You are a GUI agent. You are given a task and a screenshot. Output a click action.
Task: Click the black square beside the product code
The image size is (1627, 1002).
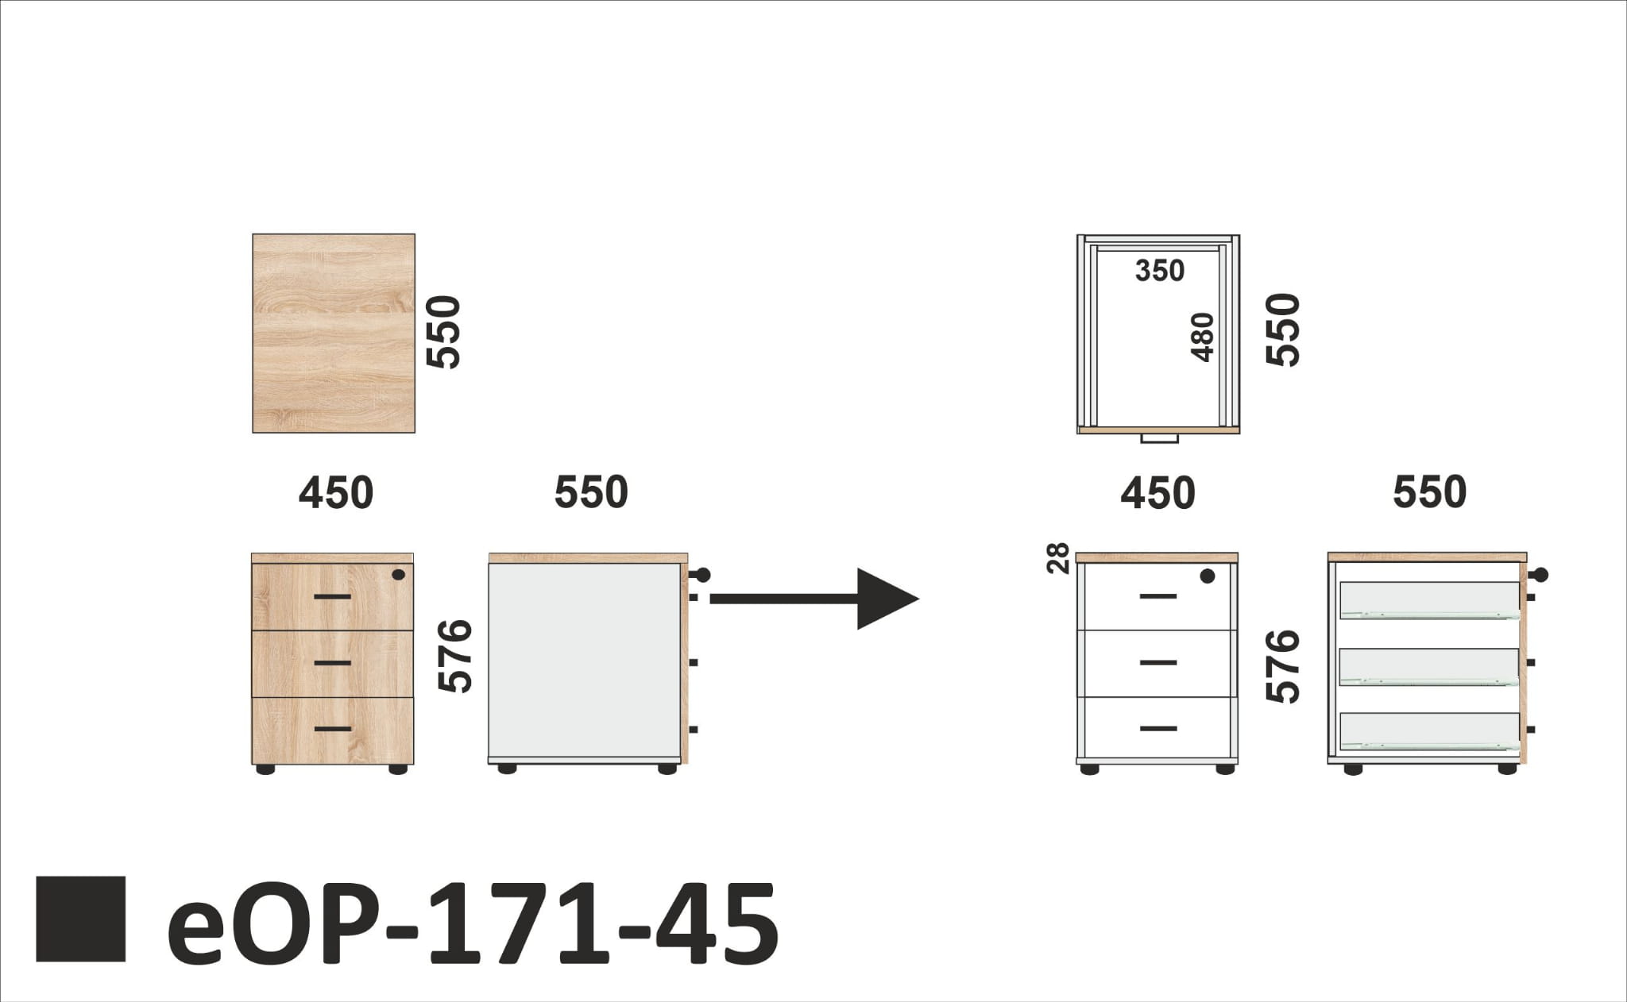pos(80,919)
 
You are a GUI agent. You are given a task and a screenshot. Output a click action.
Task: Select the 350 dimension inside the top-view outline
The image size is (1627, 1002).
pos(1159,272)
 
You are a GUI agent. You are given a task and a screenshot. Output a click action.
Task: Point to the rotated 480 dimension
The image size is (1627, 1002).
pos(1204,337)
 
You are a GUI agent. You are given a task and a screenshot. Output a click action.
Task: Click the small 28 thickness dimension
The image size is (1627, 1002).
pos(1059,558)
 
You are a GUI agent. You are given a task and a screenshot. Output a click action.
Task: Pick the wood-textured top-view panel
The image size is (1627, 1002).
pos(334,333)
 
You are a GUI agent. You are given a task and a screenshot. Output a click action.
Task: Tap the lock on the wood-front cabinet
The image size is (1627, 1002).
pos(398,575)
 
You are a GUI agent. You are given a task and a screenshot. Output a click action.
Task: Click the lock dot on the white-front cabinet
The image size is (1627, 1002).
pos(1208,576)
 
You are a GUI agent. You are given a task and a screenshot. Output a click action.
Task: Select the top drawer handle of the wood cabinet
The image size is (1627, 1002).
pos(333,595)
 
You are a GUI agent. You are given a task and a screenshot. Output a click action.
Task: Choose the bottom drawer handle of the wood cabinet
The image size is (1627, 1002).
pos(333,728)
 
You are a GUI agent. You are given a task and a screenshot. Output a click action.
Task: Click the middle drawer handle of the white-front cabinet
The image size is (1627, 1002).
pos(1158,662)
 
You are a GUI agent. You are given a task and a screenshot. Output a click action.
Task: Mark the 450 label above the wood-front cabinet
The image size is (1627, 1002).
pos(335,493)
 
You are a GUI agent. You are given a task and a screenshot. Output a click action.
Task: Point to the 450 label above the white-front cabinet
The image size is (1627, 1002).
pos(1157,493)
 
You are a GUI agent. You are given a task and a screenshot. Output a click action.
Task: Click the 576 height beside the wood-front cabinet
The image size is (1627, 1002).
pos(456,657)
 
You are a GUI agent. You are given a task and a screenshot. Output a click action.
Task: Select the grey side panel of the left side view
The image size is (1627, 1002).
pos(584,663)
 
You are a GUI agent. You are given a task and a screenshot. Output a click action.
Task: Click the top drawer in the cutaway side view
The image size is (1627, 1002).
pos(1429,600)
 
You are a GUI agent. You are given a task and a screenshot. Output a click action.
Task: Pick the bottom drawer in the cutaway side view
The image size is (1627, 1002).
pos(1429,731)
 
